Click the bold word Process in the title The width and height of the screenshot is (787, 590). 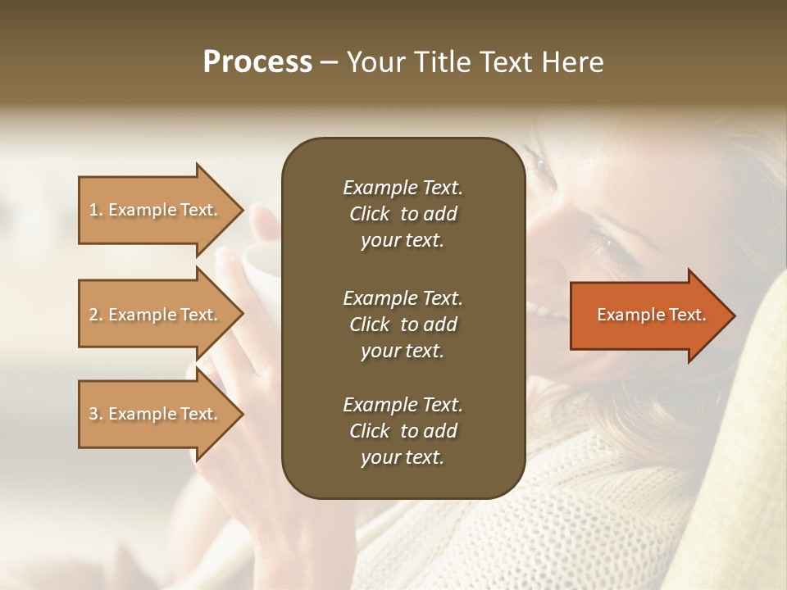(x=257, y=62)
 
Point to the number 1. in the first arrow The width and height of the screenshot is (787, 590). (x=96, y=210)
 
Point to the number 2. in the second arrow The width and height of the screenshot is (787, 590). (x=96, y=315)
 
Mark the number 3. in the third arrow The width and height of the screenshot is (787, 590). (x=96, y=414)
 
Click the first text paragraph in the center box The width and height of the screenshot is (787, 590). (x=403, y=214)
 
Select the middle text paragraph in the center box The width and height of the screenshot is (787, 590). (x=403, y=324)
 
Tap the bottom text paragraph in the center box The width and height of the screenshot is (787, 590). (x=403, y=431)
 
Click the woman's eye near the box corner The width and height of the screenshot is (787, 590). (x=541, y=161)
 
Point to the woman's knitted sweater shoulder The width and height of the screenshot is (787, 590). (x=574, y=508)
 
